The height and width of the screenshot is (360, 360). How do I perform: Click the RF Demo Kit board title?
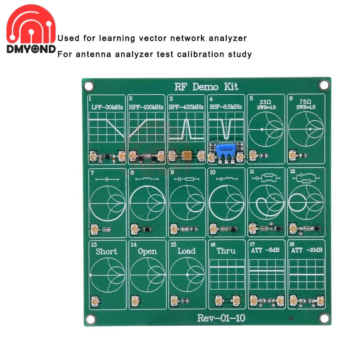tap(206, 87)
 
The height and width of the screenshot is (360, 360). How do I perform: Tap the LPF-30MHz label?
tap(107, 107)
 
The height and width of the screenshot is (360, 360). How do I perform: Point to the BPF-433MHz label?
tap(186, 107)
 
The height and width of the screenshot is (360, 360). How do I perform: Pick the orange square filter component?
tap(186, 156)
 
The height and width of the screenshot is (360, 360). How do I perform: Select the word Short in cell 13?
tap(107, 251)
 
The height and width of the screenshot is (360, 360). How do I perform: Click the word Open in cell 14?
tap(147, 251)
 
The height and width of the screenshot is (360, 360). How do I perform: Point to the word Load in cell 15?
tap(186, 251)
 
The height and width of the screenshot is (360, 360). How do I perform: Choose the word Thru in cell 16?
tap(226, 251)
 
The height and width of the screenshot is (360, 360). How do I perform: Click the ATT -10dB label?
tap(306, 251)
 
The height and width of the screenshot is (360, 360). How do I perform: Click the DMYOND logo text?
tap(31, 49)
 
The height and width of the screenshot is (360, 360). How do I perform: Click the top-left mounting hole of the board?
tap(87, 86)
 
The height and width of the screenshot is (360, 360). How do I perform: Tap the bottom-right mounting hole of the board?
tap(324, 318)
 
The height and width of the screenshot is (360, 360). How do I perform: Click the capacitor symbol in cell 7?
tap(107, 179)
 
